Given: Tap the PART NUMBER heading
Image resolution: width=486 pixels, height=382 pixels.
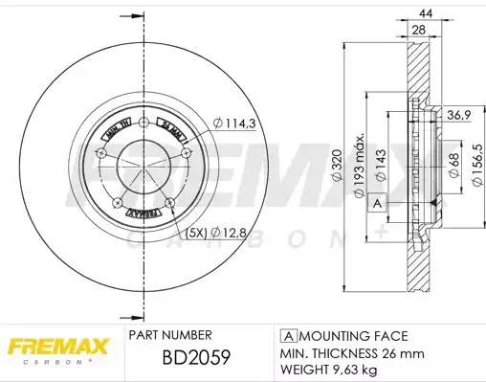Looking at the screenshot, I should coord(169,336).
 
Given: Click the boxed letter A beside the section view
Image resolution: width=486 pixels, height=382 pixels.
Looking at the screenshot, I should coord(377,204).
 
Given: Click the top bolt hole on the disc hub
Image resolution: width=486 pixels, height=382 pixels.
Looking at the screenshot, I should coord(142,122).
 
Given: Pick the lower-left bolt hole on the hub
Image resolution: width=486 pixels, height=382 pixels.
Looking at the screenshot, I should coord(118,202).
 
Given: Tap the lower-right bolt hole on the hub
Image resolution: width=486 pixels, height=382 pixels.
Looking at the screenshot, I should coord(169,202).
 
